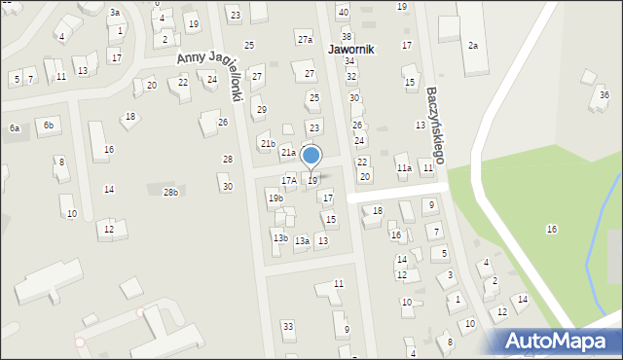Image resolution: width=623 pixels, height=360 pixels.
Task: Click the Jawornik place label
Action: point(351,48)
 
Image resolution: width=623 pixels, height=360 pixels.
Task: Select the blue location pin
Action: point(311,156)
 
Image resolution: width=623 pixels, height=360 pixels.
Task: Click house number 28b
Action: point(170,193)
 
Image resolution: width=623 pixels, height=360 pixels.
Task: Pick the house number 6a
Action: point(15,128)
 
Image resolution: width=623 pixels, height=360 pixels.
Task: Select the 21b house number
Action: point(267,144)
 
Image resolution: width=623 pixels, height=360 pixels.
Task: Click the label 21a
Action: point(288,153)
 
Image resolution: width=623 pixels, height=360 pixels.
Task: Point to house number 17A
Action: point(288,180)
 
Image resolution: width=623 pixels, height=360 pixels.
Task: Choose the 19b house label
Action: point(275,198)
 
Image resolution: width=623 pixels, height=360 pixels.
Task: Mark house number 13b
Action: point(279,238)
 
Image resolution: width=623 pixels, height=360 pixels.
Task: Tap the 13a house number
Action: point(302,241)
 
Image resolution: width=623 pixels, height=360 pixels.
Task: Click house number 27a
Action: point(306,40)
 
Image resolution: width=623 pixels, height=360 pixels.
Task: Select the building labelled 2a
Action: point(473,46)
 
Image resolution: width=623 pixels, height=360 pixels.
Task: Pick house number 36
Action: point(605,95)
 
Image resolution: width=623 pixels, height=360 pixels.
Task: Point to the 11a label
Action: point(403,168)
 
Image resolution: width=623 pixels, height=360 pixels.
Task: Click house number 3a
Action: point(115,13)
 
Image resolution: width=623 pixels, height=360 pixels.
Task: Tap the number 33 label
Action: point(287,326)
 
